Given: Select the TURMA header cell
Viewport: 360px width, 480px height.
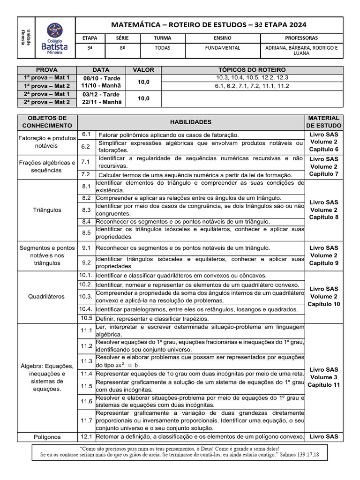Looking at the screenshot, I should (162, 37).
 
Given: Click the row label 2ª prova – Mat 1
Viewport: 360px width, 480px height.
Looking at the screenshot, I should (46, 94).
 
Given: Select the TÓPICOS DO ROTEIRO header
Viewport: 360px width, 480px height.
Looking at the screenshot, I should (252, 70).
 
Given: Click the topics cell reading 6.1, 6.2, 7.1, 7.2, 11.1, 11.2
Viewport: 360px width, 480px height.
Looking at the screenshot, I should (252, 86).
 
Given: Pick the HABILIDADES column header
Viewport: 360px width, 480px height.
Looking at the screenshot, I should (191, 122).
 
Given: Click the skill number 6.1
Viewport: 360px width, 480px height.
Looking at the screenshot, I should (86, 135).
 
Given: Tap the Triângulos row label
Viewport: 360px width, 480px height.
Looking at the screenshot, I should (47, 210).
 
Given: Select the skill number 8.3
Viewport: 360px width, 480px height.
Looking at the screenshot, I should (86, 210).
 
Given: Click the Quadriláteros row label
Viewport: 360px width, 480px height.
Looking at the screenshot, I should (47, 297).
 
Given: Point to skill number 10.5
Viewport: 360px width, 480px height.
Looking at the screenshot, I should (86, 318).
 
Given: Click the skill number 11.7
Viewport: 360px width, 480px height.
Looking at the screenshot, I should (86, 420).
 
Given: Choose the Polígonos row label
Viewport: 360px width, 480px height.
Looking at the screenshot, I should (47, 437).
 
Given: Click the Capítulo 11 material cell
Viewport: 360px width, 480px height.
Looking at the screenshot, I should (323, 385).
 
